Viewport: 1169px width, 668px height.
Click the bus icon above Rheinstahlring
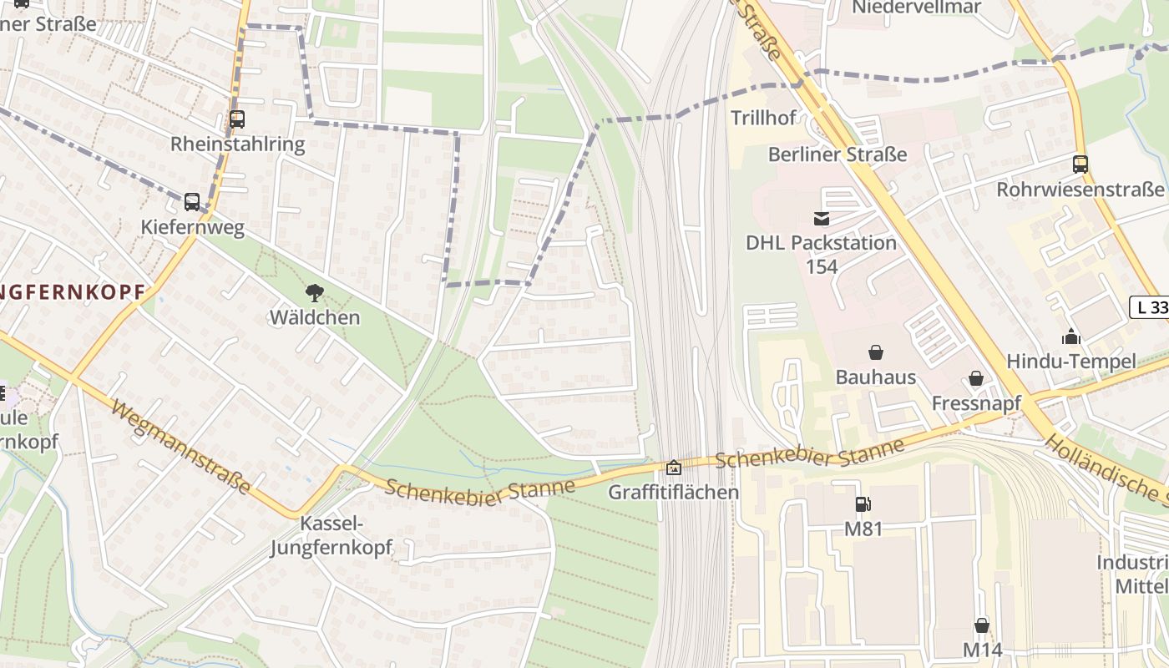[237, 119]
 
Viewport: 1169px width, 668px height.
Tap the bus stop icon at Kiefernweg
[192, 201]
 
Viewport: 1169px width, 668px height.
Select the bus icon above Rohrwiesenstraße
[1080, 164]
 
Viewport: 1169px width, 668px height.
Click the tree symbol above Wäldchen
[315, 292]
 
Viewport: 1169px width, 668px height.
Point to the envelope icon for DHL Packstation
[821, 219]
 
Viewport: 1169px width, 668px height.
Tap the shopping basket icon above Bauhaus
[876, 352]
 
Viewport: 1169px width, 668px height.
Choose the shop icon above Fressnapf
[975, 379]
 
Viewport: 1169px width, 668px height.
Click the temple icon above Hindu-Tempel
[1070, 337]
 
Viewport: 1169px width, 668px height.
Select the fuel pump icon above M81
[863, 504]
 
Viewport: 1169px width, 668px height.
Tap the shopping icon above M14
[982, 625]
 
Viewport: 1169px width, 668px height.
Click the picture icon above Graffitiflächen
[673, 468]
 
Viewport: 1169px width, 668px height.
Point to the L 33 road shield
[1150, 307]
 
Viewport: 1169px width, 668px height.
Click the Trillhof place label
[763, 118]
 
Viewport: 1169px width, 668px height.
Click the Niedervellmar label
[916, 8]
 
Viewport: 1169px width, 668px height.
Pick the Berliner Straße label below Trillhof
[837, 154]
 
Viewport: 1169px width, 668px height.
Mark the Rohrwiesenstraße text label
[1080, 190]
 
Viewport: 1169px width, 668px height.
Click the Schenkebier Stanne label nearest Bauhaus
[809, 454]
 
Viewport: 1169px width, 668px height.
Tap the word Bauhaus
[876, 377]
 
